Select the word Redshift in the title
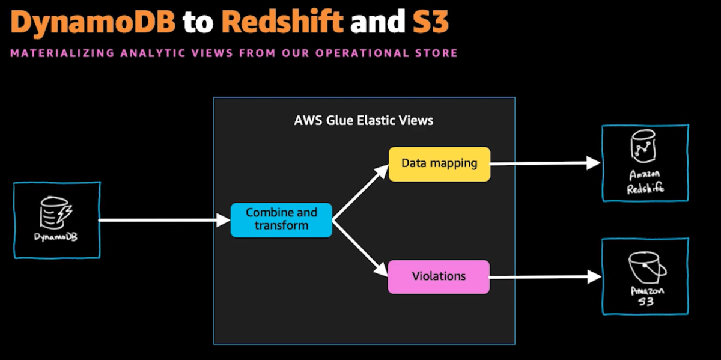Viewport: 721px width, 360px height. point(282,21)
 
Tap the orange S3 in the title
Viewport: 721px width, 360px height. point(431,22)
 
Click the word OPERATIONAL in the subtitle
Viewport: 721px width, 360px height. point(362,53)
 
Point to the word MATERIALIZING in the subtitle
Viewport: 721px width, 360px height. point(62,53)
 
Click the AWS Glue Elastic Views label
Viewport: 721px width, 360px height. point(364,120)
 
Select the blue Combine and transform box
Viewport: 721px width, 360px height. point(281,220)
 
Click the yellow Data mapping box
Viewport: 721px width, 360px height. point(440,164)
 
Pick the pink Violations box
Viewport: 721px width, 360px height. point(439,277)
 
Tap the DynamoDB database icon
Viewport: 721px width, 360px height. point(56,213)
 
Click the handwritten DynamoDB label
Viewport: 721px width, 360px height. point(56,237)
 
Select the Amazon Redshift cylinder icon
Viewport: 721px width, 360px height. point(643,147)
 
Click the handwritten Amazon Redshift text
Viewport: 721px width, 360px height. point(645,182)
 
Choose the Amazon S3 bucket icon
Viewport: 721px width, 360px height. point(647,267)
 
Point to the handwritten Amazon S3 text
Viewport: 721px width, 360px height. point(647,296)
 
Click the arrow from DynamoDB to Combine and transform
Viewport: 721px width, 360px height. point(164,220)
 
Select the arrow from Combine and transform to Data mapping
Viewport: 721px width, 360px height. point(360,192)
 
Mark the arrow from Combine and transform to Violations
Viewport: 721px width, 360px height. point(360,248)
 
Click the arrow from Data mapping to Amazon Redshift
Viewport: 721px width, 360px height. point(546,163)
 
